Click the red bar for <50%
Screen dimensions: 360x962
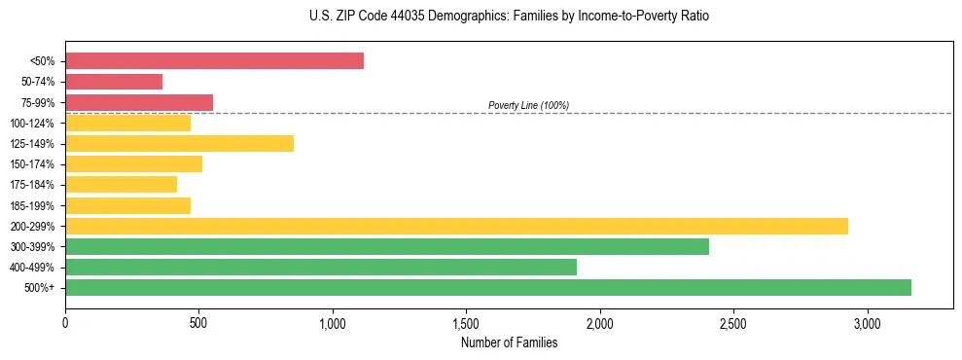pyautogui.click(x=214, y=60)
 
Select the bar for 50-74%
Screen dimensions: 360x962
pyautogui.click(x=114, y=82)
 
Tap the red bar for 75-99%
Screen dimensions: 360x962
pyautogui.click(x=139, y=102)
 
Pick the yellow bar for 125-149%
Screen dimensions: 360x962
pyautogui.click(x=179, y=143)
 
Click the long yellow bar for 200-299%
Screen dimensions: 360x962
pyautogui.click(x=456, y=226)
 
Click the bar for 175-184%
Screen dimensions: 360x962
pyautogui.click(x=121, y=184)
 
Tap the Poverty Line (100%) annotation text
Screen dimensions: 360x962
pyautogui.click(x=528, y=105)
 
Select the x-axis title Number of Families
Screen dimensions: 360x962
pyautogui.click(x=510, y=342)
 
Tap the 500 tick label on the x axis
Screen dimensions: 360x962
pyautogui.click(x=198, y=323)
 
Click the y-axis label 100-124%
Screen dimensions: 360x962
pyautogui.click(x=33, y=123)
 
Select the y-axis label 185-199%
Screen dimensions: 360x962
pyautogui.click(x=33, y=205)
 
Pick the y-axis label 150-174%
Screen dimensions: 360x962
pyautogui.click(x=33, y=163)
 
